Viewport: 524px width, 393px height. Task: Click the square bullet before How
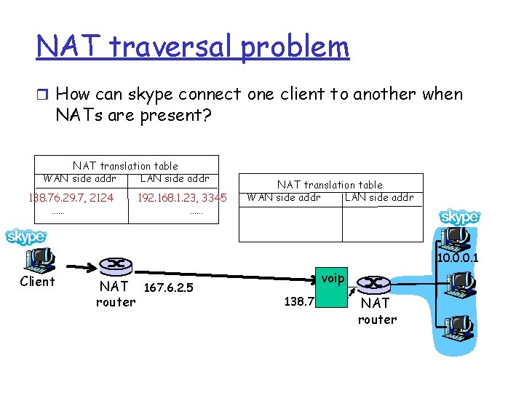coord(42,95)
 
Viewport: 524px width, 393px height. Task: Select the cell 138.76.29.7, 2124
coord(71,197)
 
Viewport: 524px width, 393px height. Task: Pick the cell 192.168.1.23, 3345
coord(182,197)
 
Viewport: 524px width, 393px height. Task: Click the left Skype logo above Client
coord(25,237)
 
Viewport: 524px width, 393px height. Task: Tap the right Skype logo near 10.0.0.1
coord(460,217)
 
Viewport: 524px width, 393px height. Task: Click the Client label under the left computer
coord(37,282)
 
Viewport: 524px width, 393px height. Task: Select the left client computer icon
coord(38,258)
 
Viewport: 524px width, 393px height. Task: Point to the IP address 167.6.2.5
coord(169,287)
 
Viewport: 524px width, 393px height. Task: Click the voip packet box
coord(331,277)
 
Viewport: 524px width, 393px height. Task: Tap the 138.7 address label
coord(298,300)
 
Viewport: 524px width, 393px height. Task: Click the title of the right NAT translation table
coord(329,185)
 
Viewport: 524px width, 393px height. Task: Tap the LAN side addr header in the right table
coord(378,197)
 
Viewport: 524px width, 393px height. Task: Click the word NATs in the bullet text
coord(77,115)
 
